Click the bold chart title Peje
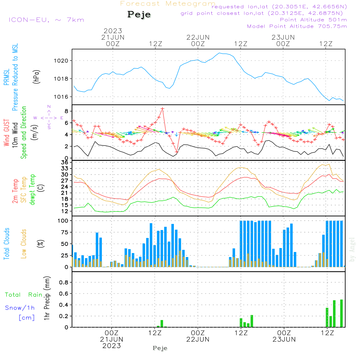139,15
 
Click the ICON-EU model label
46,19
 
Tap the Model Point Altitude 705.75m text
297,26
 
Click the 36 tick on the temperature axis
65,162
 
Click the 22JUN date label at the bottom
198,339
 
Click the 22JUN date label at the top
198,37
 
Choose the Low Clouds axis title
24,244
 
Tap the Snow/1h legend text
20,308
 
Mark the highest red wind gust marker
162,109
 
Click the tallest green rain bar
341,313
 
